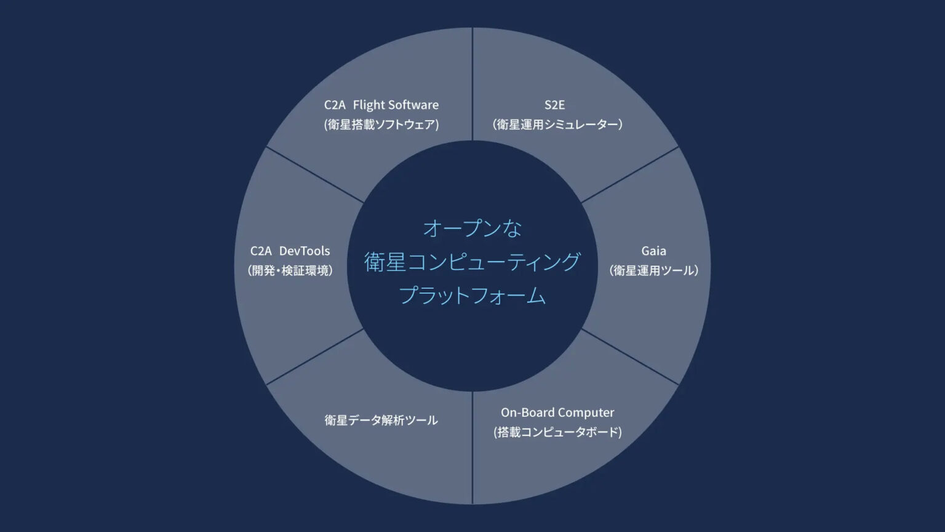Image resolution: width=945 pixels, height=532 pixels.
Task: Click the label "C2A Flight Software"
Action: coord(381,105)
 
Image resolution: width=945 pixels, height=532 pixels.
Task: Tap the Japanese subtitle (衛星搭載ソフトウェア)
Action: coord(381,124)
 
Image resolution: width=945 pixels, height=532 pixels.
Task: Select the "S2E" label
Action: coord(554,105)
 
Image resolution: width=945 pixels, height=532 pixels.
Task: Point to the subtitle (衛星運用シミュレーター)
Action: coord(557,124)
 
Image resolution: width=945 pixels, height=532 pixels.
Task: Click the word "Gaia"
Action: coord(653,251)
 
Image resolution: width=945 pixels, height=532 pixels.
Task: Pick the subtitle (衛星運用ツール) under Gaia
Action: coord(653,270)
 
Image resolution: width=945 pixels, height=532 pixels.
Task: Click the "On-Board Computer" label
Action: coord(557,413)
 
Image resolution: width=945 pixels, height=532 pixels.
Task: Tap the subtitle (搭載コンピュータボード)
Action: coord(557,432)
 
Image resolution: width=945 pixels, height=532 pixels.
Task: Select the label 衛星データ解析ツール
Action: coord(381,421)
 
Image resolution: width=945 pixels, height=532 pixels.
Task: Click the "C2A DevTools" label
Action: coord(290,251)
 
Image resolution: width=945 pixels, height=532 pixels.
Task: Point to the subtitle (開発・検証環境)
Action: coord(290,270)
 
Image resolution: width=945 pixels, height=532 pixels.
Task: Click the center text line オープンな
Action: coord(472,228)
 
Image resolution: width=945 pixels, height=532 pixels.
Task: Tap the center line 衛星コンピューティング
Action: coord(472,262)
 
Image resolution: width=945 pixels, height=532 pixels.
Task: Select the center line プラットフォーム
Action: coord(472,296)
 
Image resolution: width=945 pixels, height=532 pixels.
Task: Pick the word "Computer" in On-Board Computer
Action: coord(586,413)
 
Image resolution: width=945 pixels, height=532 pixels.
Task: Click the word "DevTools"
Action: coord(305,251)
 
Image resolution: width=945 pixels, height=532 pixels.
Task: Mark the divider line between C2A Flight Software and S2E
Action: coord(472,84)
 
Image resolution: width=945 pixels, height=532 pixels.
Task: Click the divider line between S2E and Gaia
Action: coord(630,175)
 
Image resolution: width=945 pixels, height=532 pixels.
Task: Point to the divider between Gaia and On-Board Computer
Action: coord(630,357)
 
